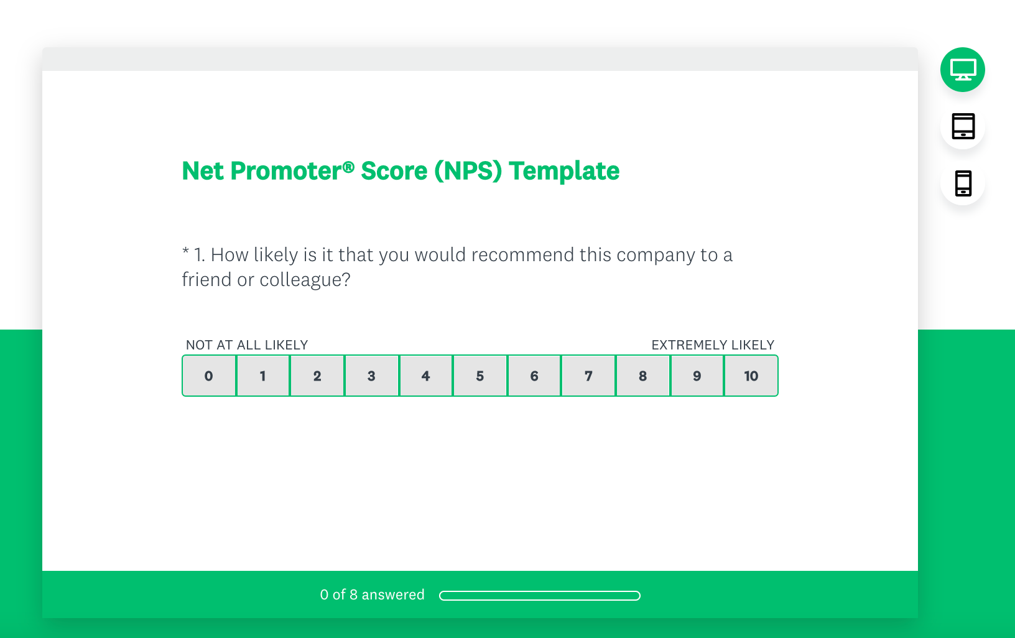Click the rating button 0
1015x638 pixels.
click(x=209, y=376)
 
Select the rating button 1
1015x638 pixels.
click(x=263, y=376)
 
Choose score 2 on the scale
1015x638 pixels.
click(x=317, y=376)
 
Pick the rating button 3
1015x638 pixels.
click(x=371, y=376)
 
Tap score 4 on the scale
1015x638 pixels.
click(x=425, y=376)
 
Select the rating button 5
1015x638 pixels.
click(x=480, y=376)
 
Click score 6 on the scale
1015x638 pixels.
click(x=534, y=376)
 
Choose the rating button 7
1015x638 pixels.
click(x=588, y=376)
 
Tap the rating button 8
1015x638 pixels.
click(x=642, y=376)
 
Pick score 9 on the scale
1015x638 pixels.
click(x=697, y=376)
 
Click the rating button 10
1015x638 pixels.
click(x=751, y=376)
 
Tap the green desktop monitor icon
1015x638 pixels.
click(x=962, y=70)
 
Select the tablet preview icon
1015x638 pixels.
click(x=963, y=126)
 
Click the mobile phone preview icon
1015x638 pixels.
click(x=963, y=183)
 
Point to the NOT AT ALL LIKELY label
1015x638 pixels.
click(x=247, y=345)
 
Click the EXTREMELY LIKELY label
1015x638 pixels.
click(x=713, y=345)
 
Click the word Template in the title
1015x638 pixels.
click(x=564, y=171)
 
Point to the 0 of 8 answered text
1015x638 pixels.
click(x=372, y=594)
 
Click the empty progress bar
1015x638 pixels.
click(x=540, y=596)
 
